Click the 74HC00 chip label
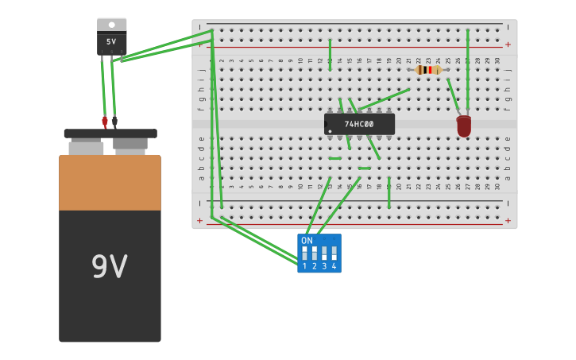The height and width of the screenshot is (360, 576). point(359,124)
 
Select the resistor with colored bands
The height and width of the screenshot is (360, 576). point(428,70)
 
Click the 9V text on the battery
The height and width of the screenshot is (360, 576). point(110,267)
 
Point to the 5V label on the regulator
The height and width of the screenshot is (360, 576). point(111,41)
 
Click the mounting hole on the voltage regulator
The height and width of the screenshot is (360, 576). point(111,25)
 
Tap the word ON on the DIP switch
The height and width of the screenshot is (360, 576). point(307,240)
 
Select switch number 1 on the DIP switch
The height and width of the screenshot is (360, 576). point(304,254)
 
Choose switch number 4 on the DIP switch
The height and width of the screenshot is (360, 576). point(334,254)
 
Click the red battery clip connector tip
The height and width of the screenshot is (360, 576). point(104,122)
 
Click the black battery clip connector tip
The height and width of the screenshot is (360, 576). point(114,122)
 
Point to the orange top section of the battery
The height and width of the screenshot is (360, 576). point(110,182)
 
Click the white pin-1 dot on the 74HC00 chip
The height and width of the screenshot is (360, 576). point(330,131)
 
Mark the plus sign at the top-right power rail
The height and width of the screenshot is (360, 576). point(508,45)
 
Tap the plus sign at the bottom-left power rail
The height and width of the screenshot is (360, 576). point(199,220)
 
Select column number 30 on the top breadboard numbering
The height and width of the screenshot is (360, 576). point(497,60)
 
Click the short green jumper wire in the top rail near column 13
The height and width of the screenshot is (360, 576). point(331,54)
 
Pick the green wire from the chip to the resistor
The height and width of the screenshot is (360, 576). point(384,99)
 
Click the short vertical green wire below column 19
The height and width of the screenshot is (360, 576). point(389,195)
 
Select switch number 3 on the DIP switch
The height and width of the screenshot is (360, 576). point(324,254)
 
